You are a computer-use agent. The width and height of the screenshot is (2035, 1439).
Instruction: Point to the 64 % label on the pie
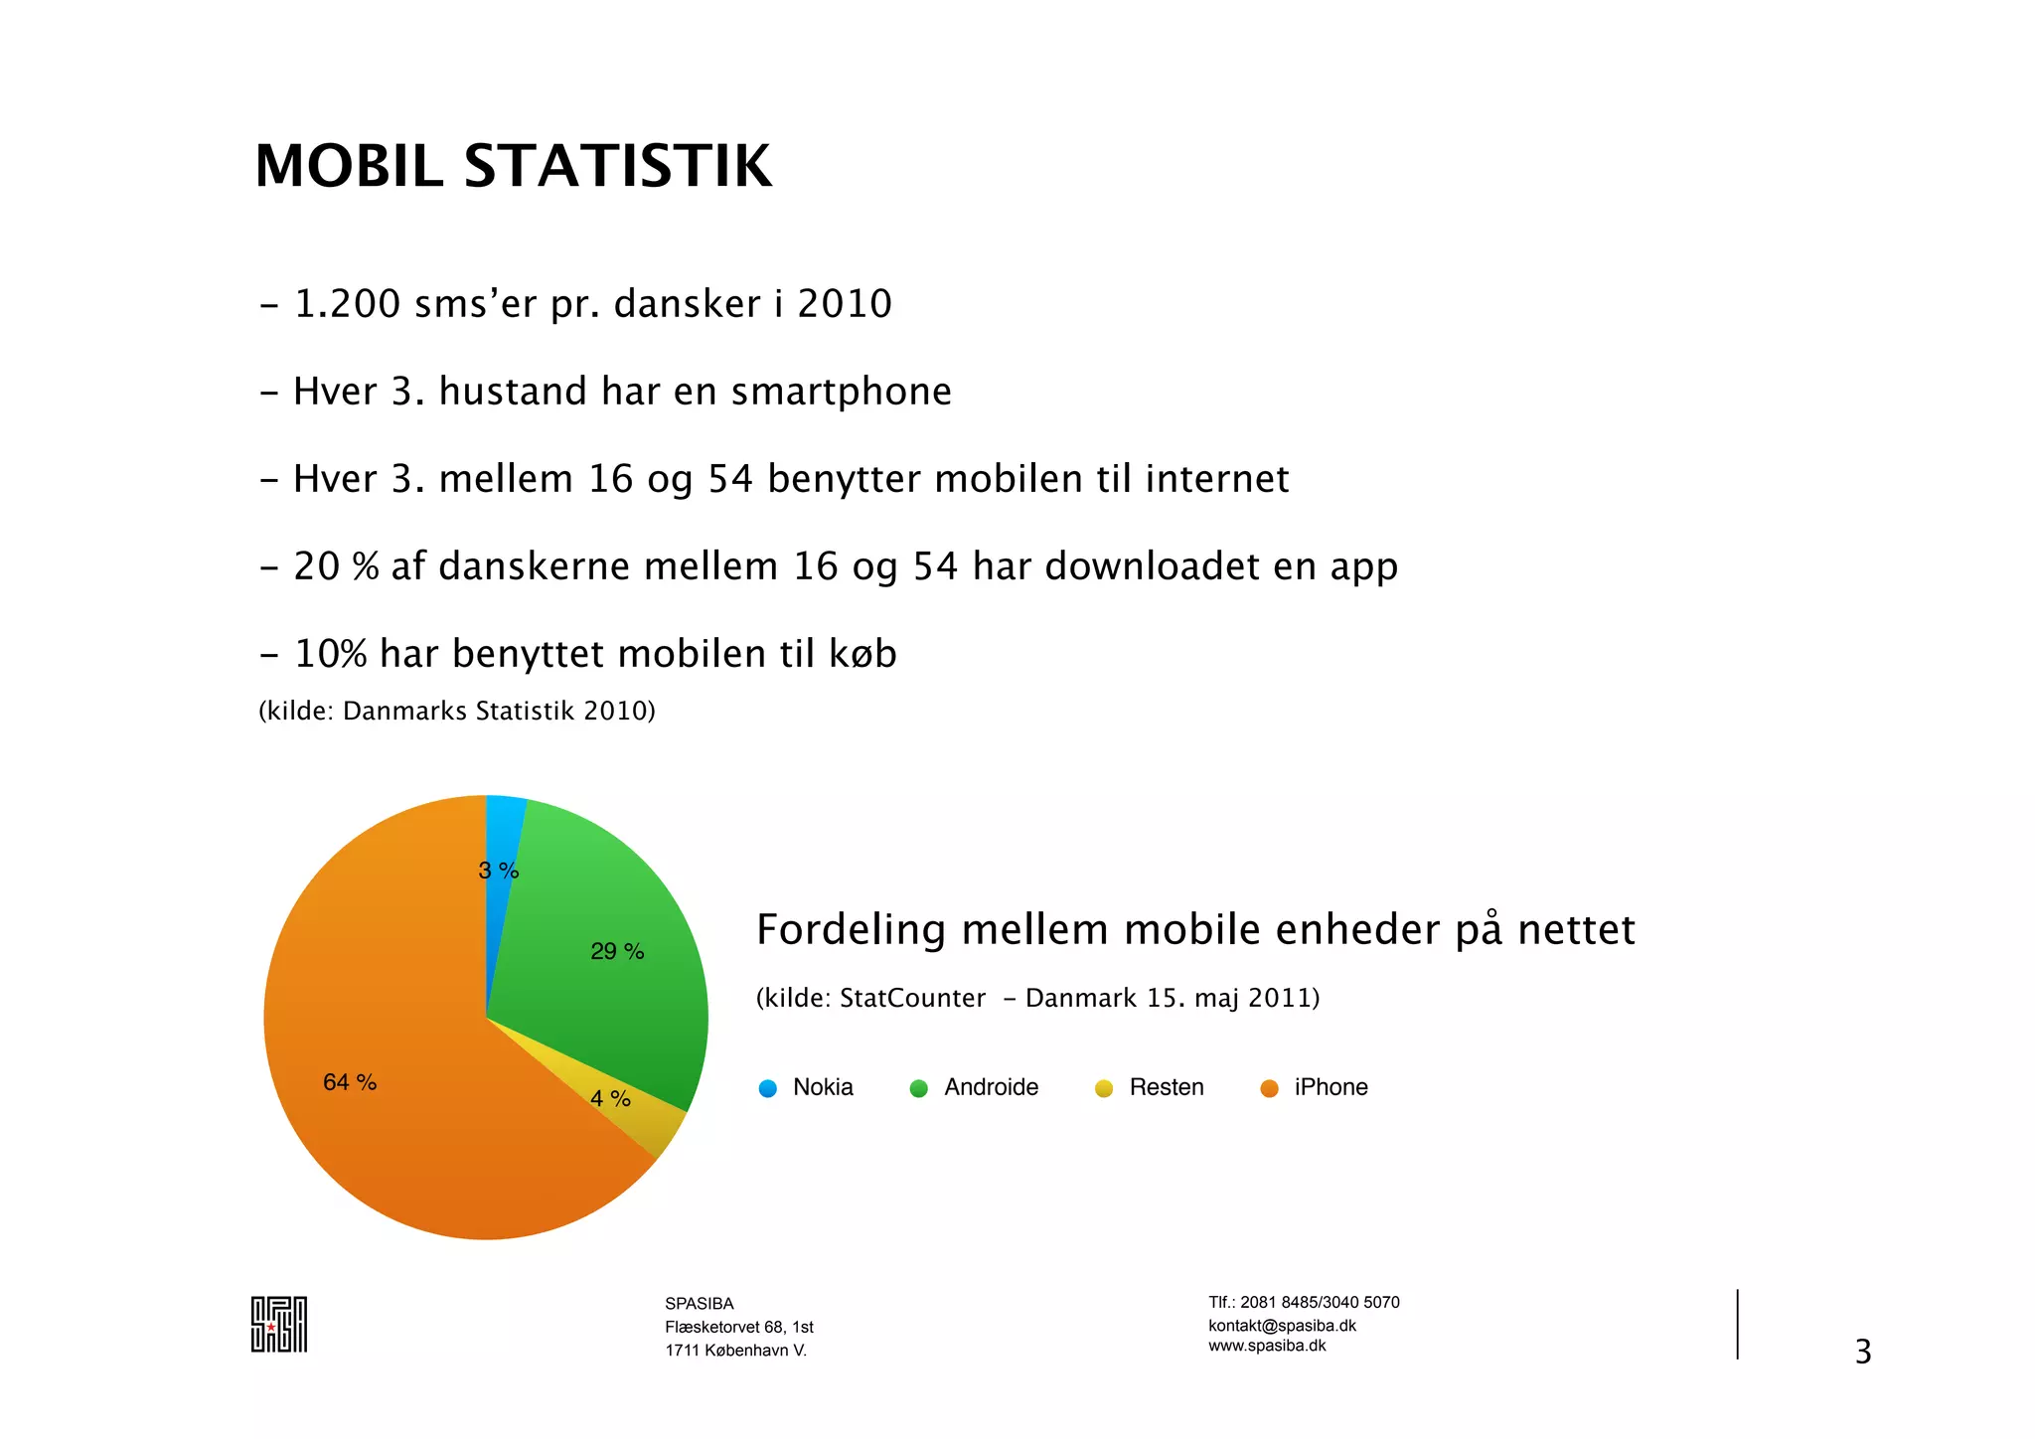point(350,1082)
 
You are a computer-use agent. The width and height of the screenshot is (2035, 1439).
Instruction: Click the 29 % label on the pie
point(617,951)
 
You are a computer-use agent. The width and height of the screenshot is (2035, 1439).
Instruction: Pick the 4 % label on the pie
point(610,1098)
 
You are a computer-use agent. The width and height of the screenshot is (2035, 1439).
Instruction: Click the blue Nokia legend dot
point(768,1088)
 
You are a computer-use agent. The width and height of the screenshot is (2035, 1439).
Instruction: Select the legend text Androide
point(991,1087)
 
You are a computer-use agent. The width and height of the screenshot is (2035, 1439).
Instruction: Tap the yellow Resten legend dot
point(1104,1088)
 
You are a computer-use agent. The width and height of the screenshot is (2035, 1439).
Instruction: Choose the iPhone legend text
point(1331,1087)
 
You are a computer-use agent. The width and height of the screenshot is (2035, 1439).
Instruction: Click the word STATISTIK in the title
point(617,166)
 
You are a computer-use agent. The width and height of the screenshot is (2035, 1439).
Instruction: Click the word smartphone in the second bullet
point(841,392)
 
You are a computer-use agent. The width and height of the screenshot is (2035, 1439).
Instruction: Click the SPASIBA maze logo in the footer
point(278,1324)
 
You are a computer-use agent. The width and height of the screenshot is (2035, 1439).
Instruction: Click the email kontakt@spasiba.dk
point(1282,1325)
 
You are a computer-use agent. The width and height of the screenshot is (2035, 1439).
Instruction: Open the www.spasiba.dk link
point(1267,1346)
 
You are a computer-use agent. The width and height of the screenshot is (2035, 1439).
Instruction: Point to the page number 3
point(1863,1352)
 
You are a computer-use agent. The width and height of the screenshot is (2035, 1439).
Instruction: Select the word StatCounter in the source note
point(912,998)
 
